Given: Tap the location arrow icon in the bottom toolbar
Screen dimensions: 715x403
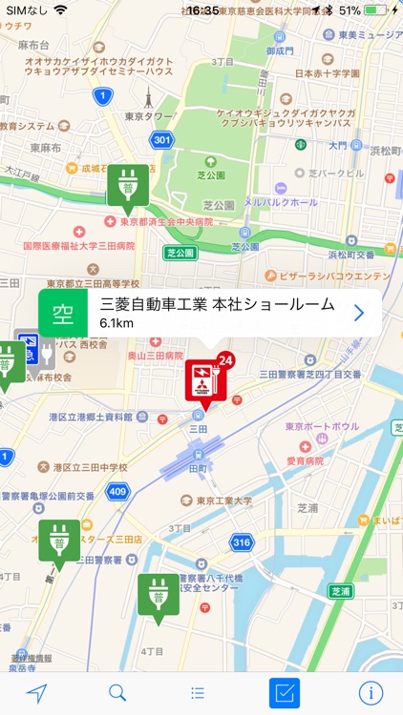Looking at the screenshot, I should pos(37,693).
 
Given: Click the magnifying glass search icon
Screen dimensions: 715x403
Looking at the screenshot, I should pos(117,693).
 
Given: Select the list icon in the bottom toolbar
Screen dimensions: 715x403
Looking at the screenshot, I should pos(198,693).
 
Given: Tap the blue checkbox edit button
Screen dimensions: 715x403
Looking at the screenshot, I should pos(285,693).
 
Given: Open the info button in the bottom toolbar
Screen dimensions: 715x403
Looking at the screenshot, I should pos(368,693).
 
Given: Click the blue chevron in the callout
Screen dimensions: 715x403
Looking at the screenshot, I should pos(359,313).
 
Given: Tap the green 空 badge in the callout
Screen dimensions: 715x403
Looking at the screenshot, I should pos(63,314).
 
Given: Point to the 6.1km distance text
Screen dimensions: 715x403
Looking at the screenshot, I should pos(116,324).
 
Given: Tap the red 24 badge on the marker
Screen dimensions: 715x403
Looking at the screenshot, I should pos(225,360).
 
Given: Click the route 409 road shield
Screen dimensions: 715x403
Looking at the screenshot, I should pos(116,492).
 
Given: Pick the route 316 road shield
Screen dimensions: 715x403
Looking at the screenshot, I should pos(242,541).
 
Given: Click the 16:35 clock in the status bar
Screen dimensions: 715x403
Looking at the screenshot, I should pos(201,10).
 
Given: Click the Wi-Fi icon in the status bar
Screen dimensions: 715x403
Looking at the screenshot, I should pos(61,10).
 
